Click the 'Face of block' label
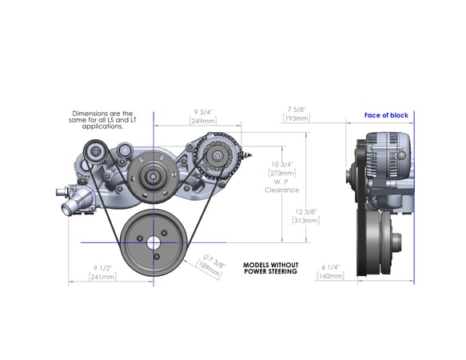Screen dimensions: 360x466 [x=386, y=115]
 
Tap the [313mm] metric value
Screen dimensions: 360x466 [x=305, y=220]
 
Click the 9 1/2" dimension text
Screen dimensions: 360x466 [x=101, y=268]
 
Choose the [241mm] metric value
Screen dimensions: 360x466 [x=101, y=278]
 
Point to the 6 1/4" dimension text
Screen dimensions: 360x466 [x=330, y=266]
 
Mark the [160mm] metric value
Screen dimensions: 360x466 [x=330, y=276]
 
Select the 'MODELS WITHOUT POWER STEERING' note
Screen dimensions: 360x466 [x=269, y=267]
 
